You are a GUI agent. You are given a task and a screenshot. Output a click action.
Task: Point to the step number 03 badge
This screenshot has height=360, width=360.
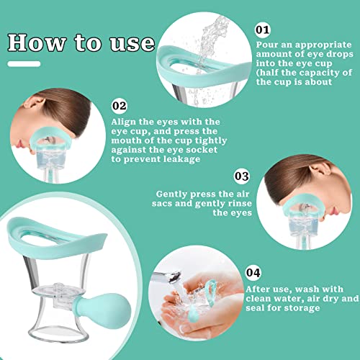tap(241, 175)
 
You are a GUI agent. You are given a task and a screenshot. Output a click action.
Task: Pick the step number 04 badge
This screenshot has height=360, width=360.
tap(252, 274)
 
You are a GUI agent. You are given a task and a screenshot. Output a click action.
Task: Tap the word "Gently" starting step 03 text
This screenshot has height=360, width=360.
tap(174, 194)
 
